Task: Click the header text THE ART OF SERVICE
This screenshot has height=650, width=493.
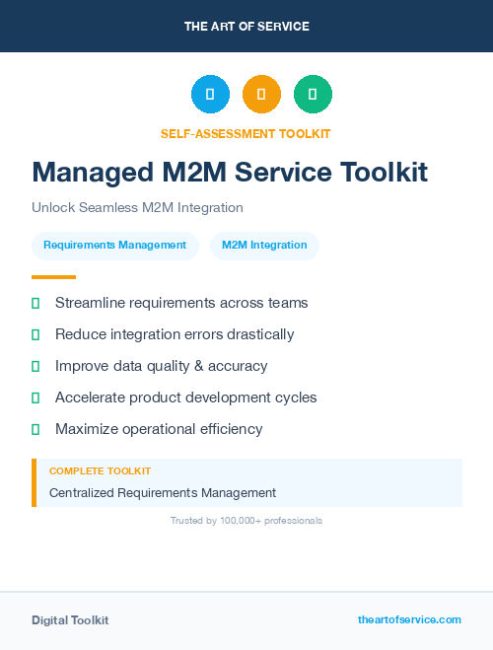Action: (246, 26)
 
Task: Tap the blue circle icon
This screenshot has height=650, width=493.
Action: (210, 95)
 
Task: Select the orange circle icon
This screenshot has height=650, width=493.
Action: (261, 95)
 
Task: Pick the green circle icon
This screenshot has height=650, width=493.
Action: (313, 95)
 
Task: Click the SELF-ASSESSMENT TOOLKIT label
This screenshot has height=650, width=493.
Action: (246, 133)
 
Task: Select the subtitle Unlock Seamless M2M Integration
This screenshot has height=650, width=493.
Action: (137, 207)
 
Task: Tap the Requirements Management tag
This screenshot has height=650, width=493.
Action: (114, 246)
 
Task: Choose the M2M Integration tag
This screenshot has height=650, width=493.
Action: (264, 246)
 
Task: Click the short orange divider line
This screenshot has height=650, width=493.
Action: (53, 277)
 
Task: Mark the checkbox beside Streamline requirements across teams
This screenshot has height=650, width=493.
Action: (35, 303)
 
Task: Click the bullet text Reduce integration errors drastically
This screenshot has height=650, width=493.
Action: (175, 334)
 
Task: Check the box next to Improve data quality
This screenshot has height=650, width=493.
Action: (35, 366)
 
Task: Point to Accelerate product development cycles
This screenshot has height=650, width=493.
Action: (186, 397)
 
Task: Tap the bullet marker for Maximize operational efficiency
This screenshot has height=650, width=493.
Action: (35, 429)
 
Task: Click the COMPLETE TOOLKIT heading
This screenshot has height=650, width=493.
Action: (100, 471)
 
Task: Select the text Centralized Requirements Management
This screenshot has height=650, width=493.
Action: (163, 492)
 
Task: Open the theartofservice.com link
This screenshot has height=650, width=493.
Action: (409, 619)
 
